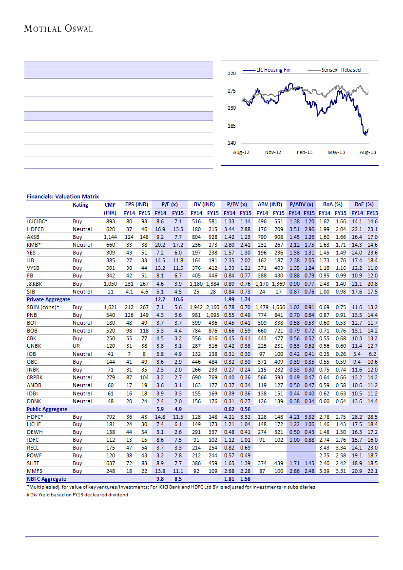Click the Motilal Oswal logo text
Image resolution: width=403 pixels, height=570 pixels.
(x=58, y=29)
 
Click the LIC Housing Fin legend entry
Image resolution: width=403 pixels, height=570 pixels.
(x=273, y=70)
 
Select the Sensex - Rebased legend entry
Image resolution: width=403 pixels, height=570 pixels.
(x=341, y=70)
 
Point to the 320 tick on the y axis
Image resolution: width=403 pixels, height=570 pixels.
(x=232, y=73)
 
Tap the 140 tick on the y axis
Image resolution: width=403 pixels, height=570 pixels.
(x=232, y=143)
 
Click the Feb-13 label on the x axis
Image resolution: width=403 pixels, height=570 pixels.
(x=305, y=153)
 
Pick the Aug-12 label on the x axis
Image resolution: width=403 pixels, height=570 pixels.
(x=241, y=153)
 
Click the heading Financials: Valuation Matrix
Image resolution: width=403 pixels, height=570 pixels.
(x=62, y=197)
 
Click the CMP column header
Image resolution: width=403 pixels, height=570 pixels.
(x=110, y=205)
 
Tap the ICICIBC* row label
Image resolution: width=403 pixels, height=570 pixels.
(x=37, y=221)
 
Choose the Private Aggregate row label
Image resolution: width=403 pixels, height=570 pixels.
(x=48, y=299)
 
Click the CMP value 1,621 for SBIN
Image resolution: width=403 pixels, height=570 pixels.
(x=110, y=308)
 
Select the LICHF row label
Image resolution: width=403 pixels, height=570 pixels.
(x=34, y=425)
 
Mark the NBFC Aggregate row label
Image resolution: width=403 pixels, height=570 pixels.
(x=46, y=480)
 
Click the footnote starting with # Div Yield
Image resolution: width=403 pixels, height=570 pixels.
(x=77, y=495)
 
